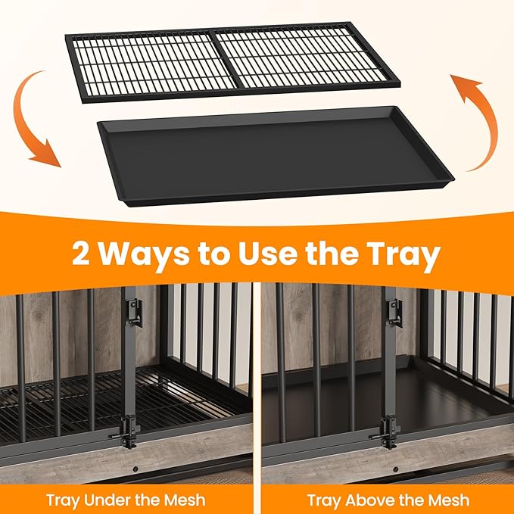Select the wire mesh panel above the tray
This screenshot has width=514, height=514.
click(235, 61)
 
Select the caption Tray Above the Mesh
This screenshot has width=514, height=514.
click(387, 500)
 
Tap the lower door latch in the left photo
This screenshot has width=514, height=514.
click(129, 431)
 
